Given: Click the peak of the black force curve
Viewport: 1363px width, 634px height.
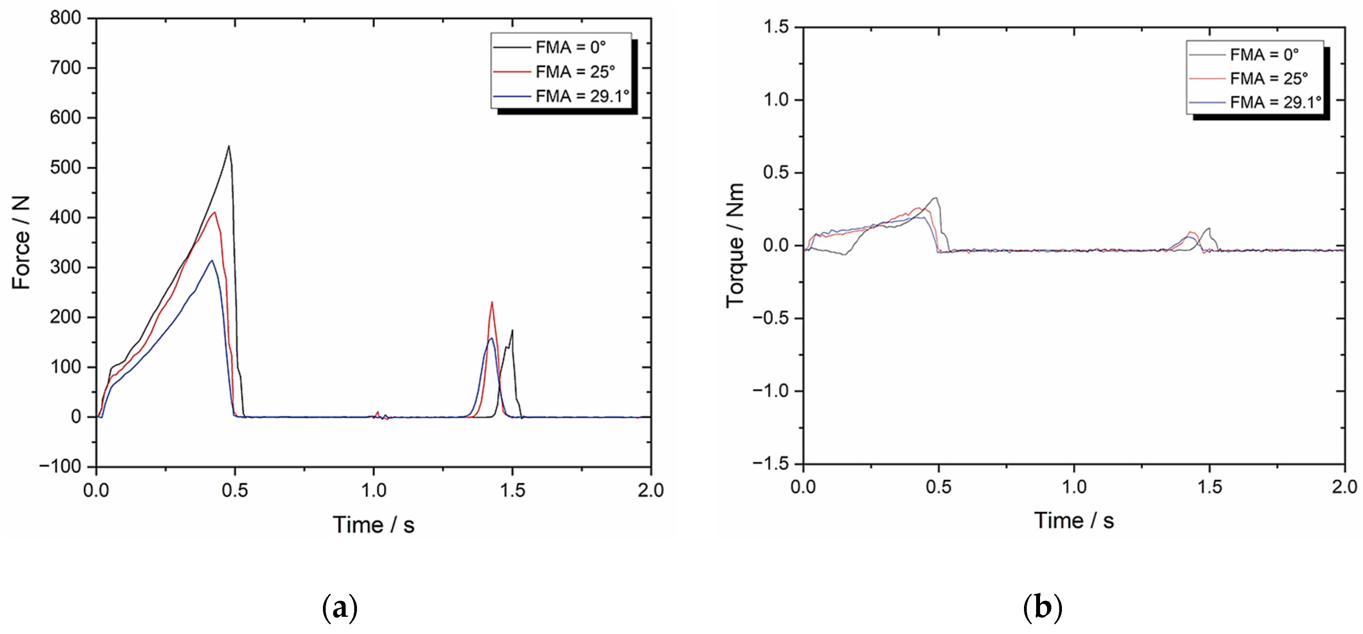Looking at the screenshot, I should [229, 147].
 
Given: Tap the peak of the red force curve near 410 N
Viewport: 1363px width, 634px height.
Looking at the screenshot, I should [214, 213].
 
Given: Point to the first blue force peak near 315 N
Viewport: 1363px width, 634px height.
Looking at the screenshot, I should [212, 260].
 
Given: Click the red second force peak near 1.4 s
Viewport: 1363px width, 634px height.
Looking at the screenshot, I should [492, 303].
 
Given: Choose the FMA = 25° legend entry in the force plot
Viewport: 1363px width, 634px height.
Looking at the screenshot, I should [575, 72].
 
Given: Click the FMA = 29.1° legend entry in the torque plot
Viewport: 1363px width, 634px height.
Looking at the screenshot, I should [1275, 102].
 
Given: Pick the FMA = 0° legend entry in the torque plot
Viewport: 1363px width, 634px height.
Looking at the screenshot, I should [1264, 54].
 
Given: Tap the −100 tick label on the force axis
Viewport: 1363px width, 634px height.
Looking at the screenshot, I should [60, 466].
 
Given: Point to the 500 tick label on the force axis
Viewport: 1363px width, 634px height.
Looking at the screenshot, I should [66, 168].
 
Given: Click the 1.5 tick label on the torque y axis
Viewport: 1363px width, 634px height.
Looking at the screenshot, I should [776, 27].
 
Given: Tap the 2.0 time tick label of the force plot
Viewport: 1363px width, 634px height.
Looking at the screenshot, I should [650, 490].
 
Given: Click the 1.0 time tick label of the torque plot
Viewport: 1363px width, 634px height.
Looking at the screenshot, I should [1074, 487].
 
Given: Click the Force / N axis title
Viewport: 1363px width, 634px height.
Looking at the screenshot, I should [21, 242].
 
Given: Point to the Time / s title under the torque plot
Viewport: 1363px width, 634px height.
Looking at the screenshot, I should [1074, 521].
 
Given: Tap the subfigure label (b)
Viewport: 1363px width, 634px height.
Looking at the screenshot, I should [1042, 607].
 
